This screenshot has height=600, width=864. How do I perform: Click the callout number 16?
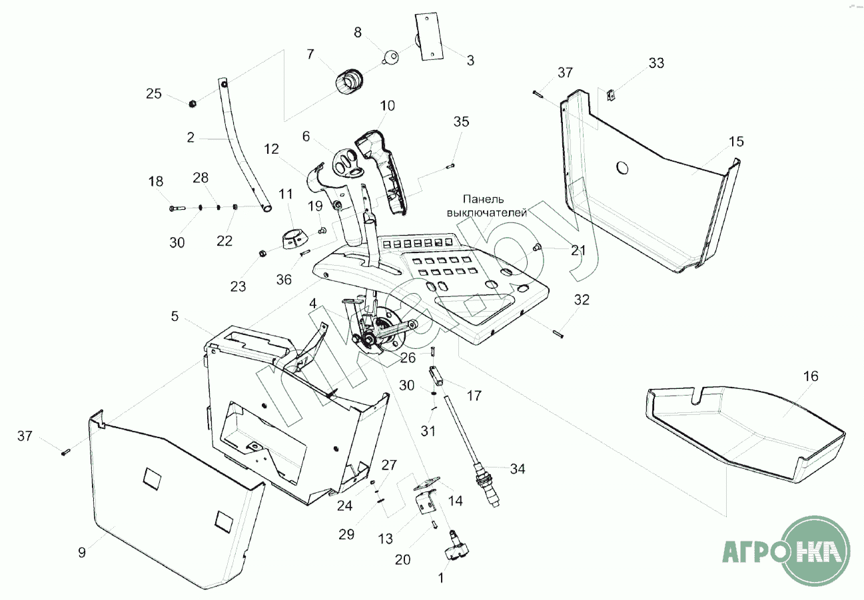(x=811, y=376)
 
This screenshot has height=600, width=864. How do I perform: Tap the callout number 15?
(x=736, y=142)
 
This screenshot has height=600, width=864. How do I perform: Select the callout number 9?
(x=82, y=553)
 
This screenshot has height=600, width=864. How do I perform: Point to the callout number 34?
(x=517, y=469)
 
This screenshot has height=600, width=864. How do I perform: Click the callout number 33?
(x=656, y=63)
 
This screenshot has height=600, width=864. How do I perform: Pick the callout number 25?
(x=153, y=94)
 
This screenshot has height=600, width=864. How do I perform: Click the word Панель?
(x=484, y=199)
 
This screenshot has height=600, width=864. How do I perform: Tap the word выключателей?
(x=486, y=213)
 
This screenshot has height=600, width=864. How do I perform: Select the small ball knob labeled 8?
(x=391, y=58)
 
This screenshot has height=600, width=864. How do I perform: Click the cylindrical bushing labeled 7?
(x=348, y=81)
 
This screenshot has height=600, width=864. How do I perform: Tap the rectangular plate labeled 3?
(x=428, y=36)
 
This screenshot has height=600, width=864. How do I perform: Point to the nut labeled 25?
(x=192, y=103)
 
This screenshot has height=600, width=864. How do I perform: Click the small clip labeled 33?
(x=610, y=95)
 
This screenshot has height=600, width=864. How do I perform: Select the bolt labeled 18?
(x=177, y=208)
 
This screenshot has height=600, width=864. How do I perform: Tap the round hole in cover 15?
(x=622, y=168)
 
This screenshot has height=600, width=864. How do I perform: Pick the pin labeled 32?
(x=558, y=334)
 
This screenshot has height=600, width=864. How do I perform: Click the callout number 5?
(x=175, y=316)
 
